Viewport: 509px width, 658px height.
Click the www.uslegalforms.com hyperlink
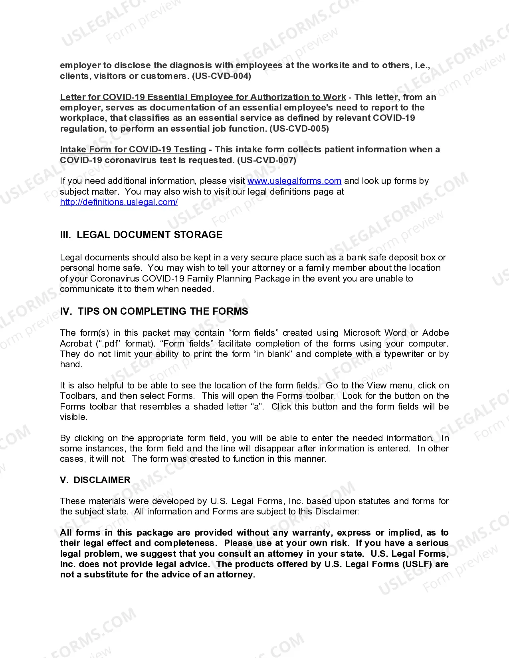(294, 181)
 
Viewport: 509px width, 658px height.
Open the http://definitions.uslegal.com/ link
(119, 202)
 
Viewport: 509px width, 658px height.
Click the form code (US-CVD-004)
(222, 76)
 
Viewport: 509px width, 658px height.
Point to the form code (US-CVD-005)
(299, 129)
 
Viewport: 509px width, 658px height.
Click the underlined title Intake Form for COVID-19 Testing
(133, 150)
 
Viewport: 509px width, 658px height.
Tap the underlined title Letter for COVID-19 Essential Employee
(203, 97)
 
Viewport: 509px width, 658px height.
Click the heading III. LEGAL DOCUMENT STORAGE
(141, 235)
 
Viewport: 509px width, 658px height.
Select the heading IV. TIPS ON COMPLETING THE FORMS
(154, 311)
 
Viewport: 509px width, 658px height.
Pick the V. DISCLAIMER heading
(95, 480)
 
